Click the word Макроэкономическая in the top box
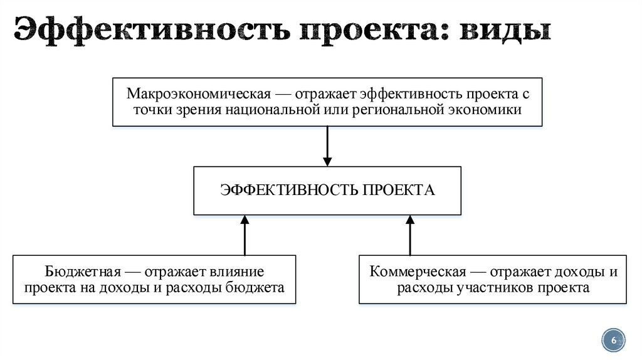coord(199,94)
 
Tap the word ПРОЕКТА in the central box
coord(397,189)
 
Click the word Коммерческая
coord(418,272)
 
